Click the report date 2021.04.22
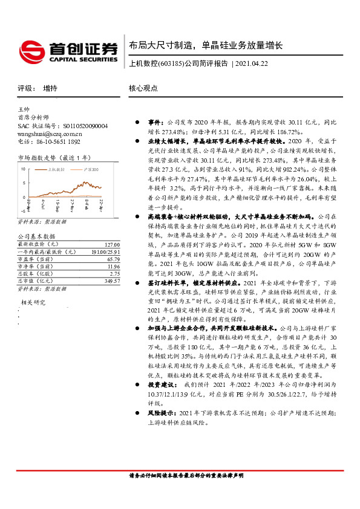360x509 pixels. point(251,63)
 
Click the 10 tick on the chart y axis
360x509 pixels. point(24,169)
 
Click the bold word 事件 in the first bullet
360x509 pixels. point(155,121)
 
